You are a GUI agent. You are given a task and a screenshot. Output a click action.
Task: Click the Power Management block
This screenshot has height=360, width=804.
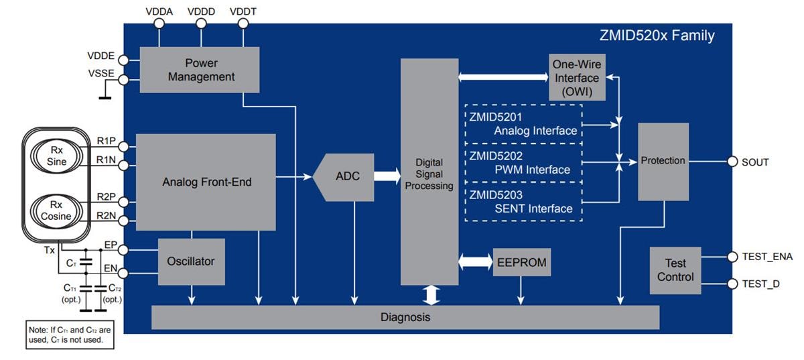pos(199,70)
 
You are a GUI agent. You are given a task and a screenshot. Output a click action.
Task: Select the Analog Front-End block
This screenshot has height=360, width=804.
pos(206,182)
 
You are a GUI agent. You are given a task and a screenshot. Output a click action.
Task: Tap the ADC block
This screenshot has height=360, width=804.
pos(347,176)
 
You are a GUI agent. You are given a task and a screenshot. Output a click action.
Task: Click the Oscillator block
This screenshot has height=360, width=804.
pos(191,261)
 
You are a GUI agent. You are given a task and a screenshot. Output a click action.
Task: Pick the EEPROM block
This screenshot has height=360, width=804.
pos(522,262)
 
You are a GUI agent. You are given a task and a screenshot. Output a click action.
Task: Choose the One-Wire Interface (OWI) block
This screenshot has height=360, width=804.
pos(576,78)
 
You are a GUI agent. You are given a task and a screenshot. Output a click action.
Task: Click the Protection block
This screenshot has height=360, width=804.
pos(663,161)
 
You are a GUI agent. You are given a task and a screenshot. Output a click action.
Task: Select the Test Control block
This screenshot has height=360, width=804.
pos(675,270)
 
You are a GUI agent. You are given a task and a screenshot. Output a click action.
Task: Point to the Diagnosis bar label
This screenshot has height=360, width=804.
pos(405,317)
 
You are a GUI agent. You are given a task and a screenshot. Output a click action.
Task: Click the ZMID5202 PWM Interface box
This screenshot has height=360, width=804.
pos(523,162)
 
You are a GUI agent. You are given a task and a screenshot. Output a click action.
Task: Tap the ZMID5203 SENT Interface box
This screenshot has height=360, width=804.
pos(523,201)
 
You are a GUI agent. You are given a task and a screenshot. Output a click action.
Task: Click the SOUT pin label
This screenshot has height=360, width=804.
pos(755,162)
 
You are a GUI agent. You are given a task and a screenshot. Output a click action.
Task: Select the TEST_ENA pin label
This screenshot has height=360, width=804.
pos(766,257)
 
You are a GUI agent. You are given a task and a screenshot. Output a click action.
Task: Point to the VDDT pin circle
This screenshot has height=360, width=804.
pos(243,23)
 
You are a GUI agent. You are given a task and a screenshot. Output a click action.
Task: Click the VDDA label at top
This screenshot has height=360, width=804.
pos(159,11)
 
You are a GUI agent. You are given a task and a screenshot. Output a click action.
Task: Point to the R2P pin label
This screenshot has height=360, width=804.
pos(106,198)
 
